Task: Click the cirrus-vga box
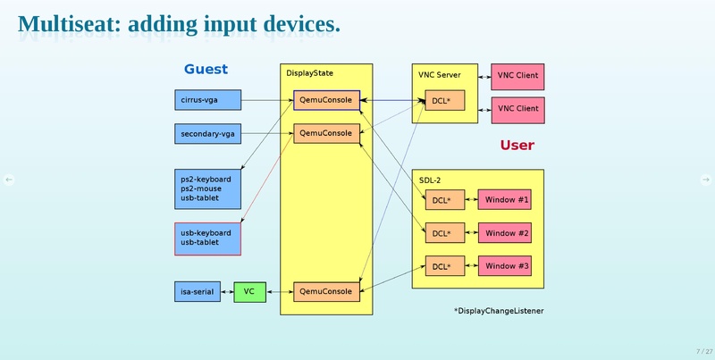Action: click(x=207, y=100)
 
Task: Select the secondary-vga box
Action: click(x=207, y=134)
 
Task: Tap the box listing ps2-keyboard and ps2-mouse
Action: click(x=207, y=188)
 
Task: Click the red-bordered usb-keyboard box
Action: click(x=207, y=238)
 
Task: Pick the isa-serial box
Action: click(x=196, y=291)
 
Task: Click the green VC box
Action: click(x=249, y=291)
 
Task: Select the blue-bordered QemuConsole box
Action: click(x=326, y=100)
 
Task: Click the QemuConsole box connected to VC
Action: click(x=326, y=291)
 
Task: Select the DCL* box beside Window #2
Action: click(x=444, y=233)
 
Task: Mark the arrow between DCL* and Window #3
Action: click(x=472, y=266)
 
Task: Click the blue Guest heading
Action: click(x=206, y=69)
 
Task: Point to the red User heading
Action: click(x=517, y=145)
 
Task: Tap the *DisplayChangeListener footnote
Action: click(x=499, y=310)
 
